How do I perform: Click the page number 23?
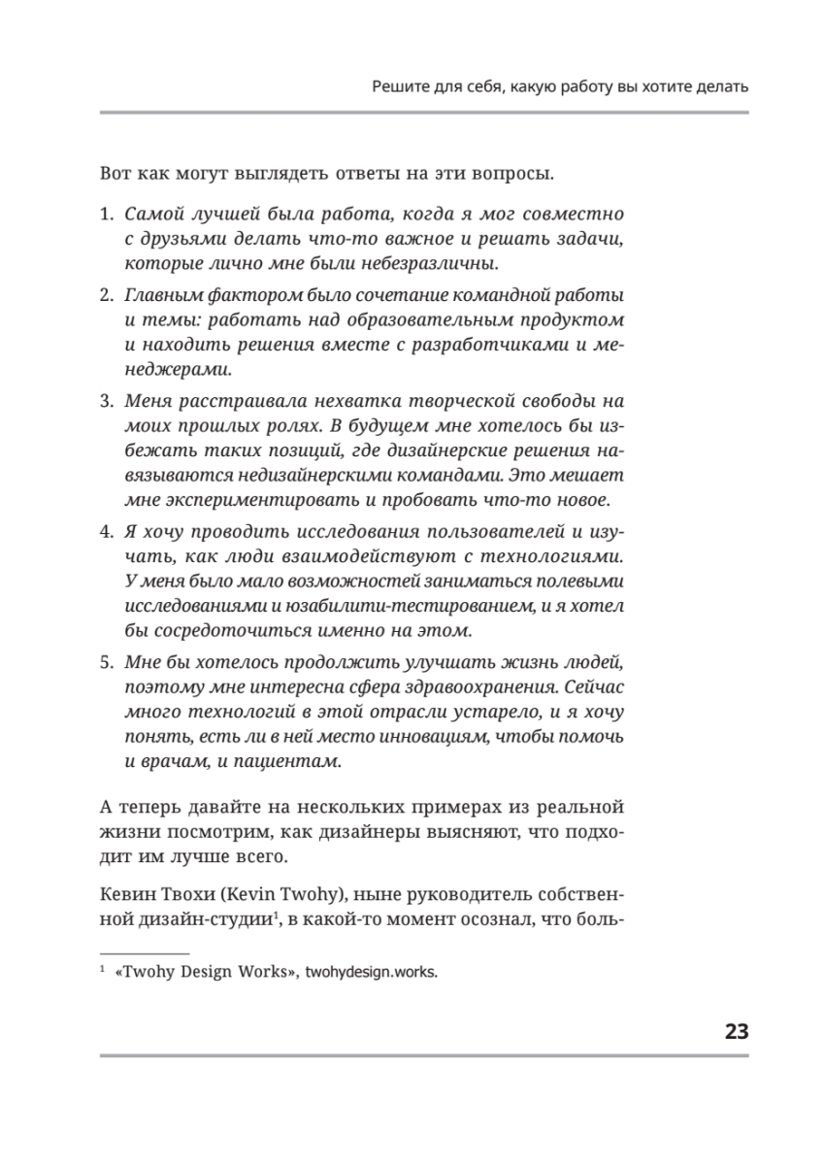tap(736, 1032)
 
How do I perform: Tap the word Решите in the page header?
tap(399, 87)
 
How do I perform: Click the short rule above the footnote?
tap(145, 954)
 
